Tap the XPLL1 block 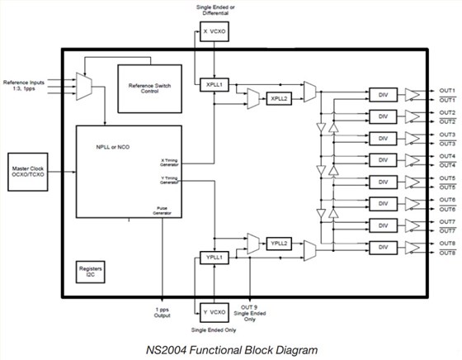(x=214, y=84)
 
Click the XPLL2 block (x=278, y=98)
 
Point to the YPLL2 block (x=278, y=243)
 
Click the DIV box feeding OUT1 (x=382, y=94)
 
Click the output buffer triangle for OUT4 (x=412, y=160)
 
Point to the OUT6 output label (x=447, y=200)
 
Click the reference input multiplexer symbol (x=84, y=83)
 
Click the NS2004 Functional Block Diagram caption (x=232, y=348)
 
